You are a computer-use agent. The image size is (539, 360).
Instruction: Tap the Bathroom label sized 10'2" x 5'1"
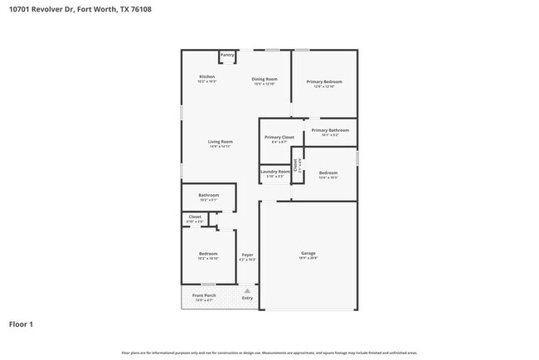click(207, 197)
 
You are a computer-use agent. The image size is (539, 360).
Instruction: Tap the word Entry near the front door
click(247, 298)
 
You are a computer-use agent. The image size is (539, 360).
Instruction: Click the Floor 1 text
click(21, 324)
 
